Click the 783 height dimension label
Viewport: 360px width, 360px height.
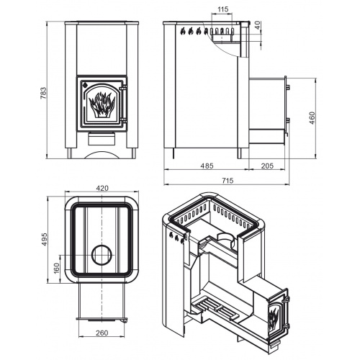tap(43, 93)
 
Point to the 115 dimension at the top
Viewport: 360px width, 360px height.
tap(223, 9)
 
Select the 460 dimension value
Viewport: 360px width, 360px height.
tap(312, 118)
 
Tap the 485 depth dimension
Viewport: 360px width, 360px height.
tap(207, 166)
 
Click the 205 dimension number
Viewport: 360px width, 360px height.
tap(267, 166)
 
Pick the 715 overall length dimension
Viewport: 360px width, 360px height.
tap(228, 181)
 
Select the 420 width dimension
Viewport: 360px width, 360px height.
tap(102, 189)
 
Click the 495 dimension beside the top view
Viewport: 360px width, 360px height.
tap(45, 239)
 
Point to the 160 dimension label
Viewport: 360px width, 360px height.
tap(56, 269)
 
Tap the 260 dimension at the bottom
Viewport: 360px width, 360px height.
tap(102, 333)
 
